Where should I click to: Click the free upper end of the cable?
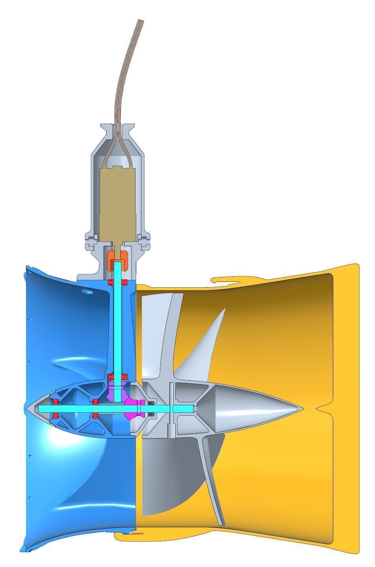(140, 21)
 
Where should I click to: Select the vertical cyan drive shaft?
(117, 323)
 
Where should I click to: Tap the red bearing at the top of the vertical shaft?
(117, 282)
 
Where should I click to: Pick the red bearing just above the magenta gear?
(117, 377)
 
